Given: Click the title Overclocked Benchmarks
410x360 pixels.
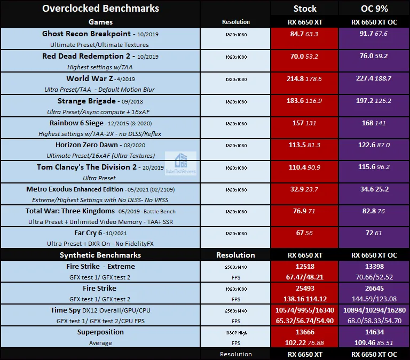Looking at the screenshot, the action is click(101, 9).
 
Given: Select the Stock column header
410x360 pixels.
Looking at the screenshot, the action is click(305, 9).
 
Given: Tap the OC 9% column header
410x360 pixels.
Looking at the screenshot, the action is click(374, 9).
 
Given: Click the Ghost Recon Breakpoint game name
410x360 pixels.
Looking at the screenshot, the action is click(86, 34).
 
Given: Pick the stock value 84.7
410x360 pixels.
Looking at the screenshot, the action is click(296, 34).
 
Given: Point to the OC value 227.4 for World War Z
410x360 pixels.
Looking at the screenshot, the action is click(365, 78).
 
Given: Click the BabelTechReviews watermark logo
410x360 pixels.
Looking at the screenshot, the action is click(180, 164).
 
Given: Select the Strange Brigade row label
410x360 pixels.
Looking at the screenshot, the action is click(86, 101).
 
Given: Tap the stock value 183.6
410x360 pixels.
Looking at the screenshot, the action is click(295, 101).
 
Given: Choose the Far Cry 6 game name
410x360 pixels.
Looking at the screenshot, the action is click(88, 233).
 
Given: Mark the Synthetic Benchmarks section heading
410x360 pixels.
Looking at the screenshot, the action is click(100, 255).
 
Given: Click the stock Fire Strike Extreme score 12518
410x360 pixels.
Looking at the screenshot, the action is click(305, 267).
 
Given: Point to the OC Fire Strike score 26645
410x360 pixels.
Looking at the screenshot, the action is click(374, 289).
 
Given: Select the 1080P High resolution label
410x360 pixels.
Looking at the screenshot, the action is click(236, 333).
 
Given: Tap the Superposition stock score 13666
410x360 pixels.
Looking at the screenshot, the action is click(305, 332).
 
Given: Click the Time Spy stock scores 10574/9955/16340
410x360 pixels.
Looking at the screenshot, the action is click(305, 310).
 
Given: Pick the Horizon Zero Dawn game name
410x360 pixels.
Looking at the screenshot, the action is click(86, 145).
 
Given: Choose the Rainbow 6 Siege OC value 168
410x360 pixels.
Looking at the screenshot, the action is click(367, 123).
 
